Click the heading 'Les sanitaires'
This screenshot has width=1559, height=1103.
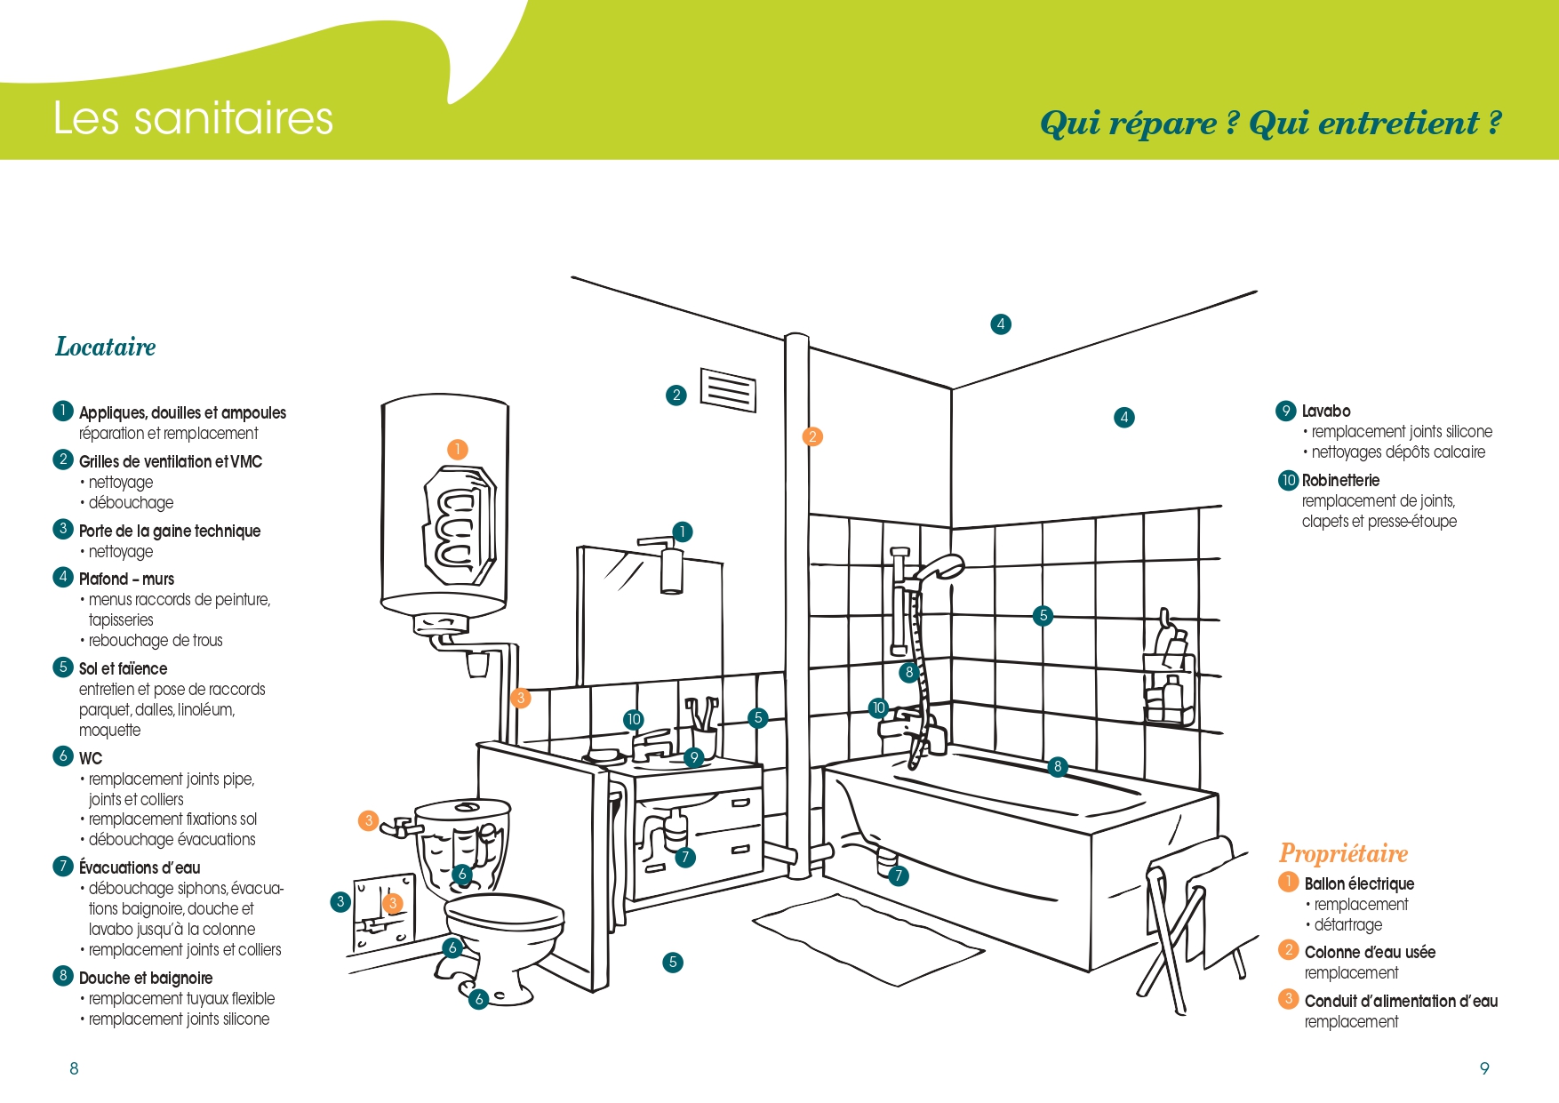click(193, 118)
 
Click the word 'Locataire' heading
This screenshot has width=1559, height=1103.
click(106, 347)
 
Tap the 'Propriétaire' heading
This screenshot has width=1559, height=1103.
click(1343, 853)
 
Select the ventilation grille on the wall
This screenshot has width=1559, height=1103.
click(728, 390)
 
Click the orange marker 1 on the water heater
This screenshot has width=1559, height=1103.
click(457, 450)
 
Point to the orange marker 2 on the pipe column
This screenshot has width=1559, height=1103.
click(812, 436)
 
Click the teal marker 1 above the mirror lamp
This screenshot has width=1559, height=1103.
click(682, 532)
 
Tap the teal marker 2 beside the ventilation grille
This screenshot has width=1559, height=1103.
click(676, 396)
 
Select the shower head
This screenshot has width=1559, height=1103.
click(940, 566)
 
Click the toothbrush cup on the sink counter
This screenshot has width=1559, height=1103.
click(704, 739)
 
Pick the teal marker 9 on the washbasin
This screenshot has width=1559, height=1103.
click(694, 757)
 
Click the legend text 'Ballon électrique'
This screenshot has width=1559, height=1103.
click(1359, 883)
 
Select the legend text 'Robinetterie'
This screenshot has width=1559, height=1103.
click(1340, 480)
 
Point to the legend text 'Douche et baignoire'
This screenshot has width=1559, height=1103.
click(146, 978)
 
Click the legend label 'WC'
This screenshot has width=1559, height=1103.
click(91, 758)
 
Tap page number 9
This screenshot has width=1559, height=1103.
click(1484, 1068)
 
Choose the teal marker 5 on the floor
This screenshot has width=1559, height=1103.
click(673, 962)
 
